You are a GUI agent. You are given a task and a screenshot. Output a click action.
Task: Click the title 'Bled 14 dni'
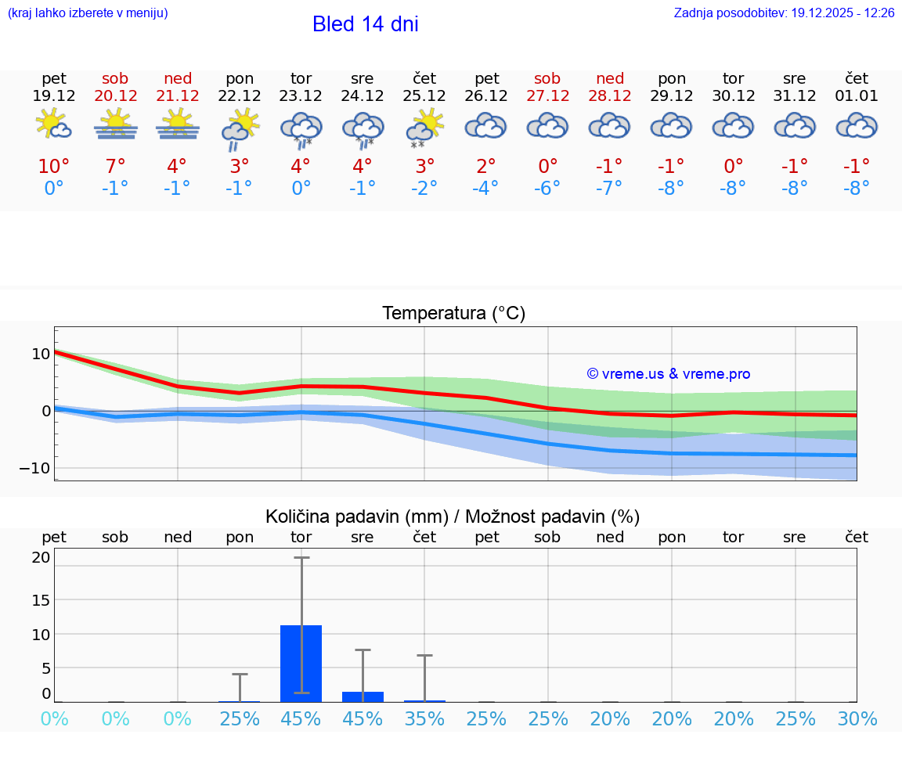[x=365, y=24]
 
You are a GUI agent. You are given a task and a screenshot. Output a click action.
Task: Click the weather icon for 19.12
[x=53, y=124]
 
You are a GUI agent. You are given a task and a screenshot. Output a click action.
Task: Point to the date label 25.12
[x=424, y=96]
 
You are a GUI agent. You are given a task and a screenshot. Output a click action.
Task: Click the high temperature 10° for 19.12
[x=53, y=167]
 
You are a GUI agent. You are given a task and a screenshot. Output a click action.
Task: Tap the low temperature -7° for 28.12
[x=609, y=188]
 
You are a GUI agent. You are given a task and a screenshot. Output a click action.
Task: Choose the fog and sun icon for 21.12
[x=178, y=124]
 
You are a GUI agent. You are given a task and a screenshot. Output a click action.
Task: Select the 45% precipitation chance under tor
[x=301, y=718]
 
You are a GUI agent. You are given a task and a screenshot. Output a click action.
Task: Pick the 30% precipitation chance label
[x=857, y=718]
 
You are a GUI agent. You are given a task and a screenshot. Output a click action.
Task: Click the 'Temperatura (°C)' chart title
[x=453, y=314]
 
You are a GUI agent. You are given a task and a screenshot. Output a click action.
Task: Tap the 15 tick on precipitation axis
[x=41, y=599]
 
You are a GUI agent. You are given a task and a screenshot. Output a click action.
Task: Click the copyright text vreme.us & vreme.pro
[x=668, y=374]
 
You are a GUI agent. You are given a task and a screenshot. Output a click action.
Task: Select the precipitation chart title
[x=453, y=516]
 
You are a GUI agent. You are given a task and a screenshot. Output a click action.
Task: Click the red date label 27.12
[x=547, y=96]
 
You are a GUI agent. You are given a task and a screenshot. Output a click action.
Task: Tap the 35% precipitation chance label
[x=424, y=718]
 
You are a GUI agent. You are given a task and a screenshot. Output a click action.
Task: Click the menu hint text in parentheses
[x=88, y=13]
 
